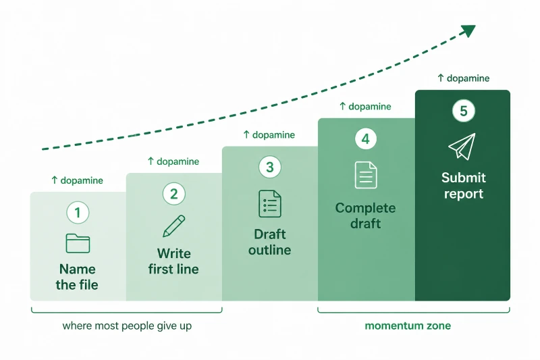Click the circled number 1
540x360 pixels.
tap(78, 213)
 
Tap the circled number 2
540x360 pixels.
tap(174, 194)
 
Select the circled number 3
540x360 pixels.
tap(270, 167)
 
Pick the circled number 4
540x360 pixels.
tap(366, 139)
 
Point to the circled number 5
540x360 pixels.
tap(464, 111)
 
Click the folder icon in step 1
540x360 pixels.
tap(78, 243)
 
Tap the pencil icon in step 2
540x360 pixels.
tap(174, 226)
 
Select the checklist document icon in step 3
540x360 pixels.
tap(270, 203)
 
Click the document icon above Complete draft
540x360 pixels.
tap(366, 175)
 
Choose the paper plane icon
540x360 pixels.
tap(462, 147)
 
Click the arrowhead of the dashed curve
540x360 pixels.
tap(469, 30)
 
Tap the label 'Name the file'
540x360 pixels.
tap(77, 277)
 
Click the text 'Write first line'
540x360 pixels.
tap(173, 261)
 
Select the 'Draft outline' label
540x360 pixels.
tap(269, 242)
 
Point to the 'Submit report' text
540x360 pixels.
tap(464, 186)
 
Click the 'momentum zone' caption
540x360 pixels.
tap(408, 326)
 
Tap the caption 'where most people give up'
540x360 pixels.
tap(127, 326)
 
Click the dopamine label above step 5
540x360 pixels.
tap(464, 78)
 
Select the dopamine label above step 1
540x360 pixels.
tap(77, 180)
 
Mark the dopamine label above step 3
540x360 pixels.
tap(269, 134)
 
